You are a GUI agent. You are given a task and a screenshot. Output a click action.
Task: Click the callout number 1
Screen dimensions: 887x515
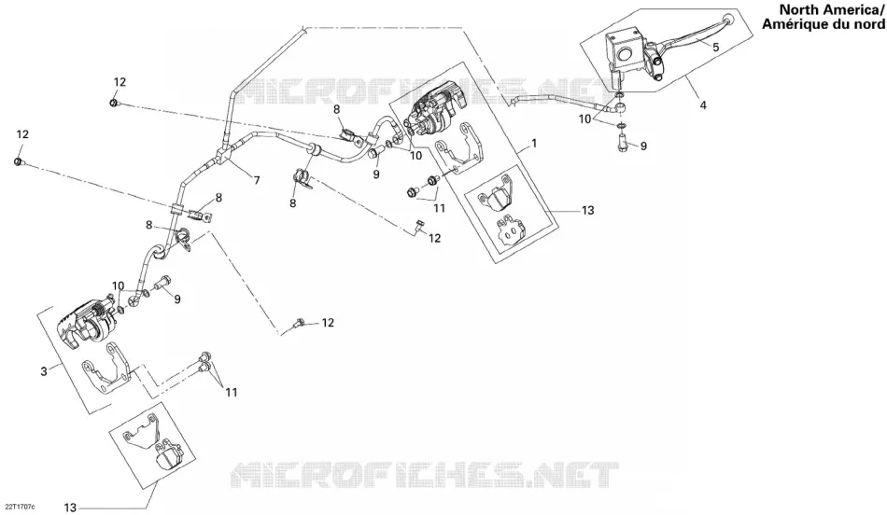(x=534, y=145)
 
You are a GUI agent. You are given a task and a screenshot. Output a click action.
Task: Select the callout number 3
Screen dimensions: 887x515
(x=44, y=371)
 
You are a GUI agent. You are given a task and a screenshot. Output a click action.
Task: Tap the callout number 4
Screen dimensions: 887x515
(x=703, y=105)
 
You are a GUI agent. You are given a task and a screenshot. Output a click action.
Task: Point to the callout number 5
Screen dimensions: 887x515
(x=715, y=48)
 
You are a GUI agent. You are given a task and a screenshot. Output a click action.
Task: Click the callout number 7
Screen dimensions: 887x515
(x=256, y=180)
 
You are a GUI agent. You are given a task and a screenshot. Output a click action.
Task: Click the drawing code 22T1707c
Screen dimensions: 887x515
(x=20, y=506)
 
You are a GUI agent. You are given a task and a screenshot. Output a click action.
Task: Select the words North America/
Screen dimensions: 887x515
(x=832, y=9)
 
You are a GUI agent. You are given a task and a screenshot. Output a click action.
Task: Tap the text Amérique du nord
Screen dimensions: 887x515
(x=824, y=23)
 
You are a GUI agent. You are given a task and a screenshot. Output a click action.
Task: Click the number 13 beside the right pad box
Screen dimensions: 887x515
(x=587, y=210)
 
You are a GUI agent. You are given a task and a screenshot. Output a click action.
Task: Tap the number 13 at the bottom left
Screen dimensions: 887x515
(x=70, y=508)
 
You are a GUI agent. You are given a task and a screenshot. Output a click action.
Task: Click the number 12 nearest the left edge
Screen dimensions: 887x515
(x=22, y=134)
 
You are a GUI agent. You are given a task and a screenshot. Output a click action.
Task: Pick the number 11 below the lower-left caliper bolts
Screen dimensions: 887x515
(x=231, y=393)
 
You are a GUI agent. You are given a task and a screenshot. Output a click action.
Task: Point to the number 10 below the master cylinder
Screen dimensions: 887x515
(x=584, y=119)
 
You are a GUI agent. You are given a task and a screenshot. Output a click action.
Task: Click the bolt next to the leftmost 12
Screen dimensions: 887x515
(x=19, y=163)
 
